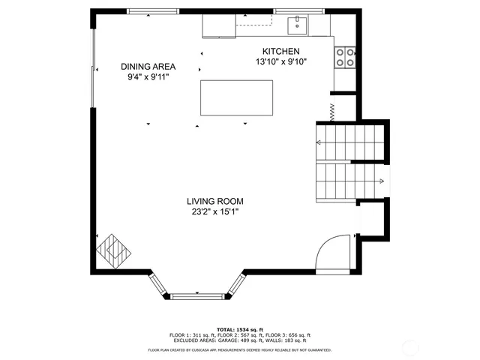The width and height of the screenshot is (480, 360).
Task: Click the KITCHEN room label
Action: [281, 51]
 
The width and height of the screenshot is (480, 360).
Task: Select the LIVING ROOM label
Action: [215, 201]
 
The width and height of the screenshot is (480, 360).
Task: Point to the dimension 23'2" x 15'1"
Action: [215, 211]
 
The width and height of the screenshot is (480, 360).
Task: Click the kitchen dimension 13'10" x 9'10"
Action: [281, 61]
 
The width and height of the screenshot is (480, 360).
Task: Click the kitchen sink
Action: [298, 24]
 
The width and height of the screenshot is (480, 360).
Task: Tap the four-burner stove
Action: [344, 58]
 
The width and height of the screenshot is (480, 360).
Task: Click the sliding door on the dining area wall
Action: [93, 67]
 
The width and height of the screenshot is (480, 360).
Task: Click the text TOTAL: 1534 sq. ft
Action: [240, 330]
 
